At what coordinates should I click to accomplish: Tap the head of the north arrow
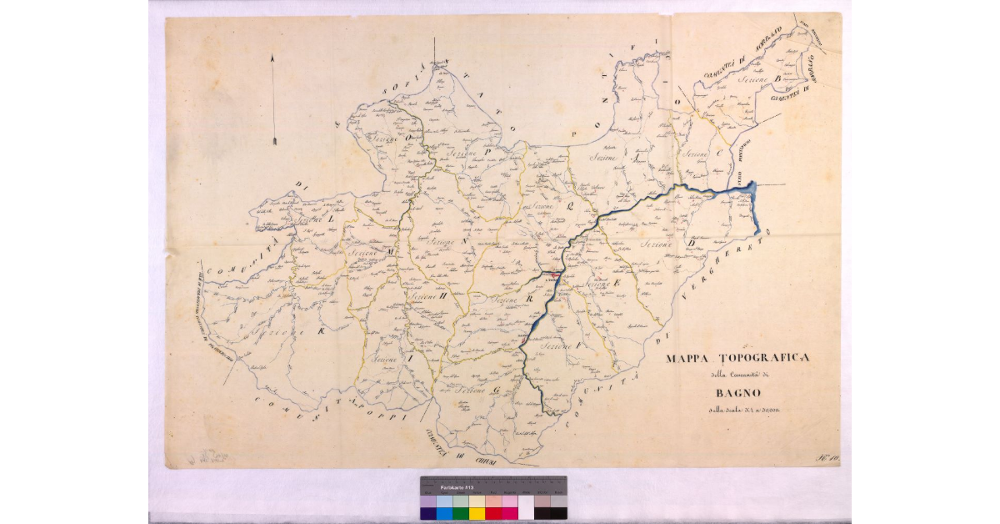[273, 58]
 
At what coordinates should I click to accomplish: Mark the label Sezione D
[662, 243]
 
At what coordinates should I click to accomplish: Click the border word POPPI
[385, 412]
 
